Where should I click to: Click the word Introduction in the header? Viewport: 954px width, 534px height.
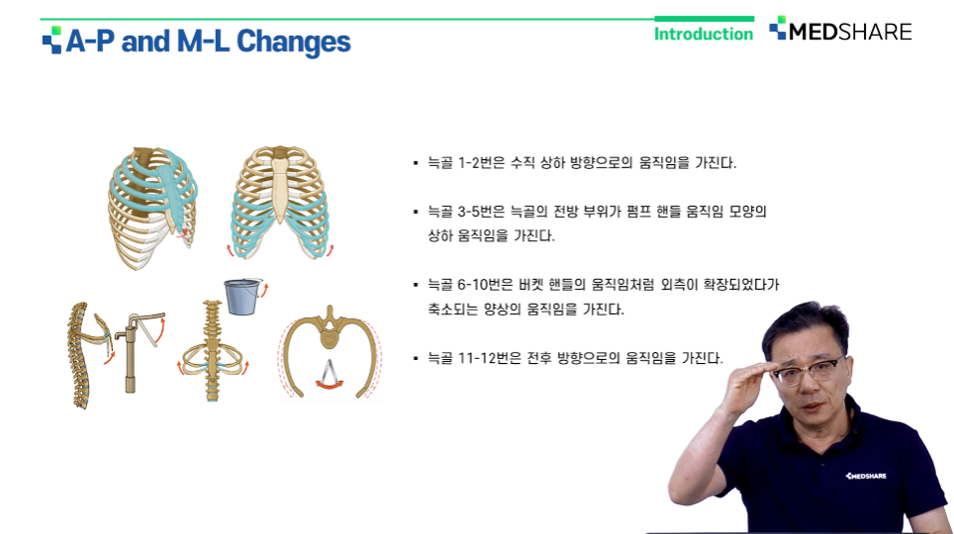704,34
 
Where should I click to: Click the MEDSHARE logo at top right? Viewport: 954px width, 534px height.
840,30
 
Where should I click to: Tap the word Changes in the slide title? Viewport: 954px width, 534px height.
293,43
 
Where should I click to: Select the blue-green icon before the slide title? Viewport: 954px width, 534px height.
52,41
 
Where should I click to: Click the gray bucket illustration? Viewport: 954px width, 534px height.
242,297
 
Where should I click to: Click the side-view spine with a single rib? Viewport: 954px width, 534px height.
88,354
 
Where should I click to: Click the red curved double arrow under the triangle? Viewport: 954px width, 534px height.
330,384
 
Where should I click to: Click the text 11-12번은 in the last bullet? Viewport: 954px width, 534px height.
489,358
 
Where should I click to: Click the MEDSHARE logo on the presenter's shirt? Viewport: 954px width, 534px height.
866,476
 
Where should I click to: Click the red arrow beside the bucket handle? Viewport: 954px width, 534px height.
264,289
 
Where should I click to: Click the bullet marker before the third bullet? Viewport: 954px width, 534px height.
416,285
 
